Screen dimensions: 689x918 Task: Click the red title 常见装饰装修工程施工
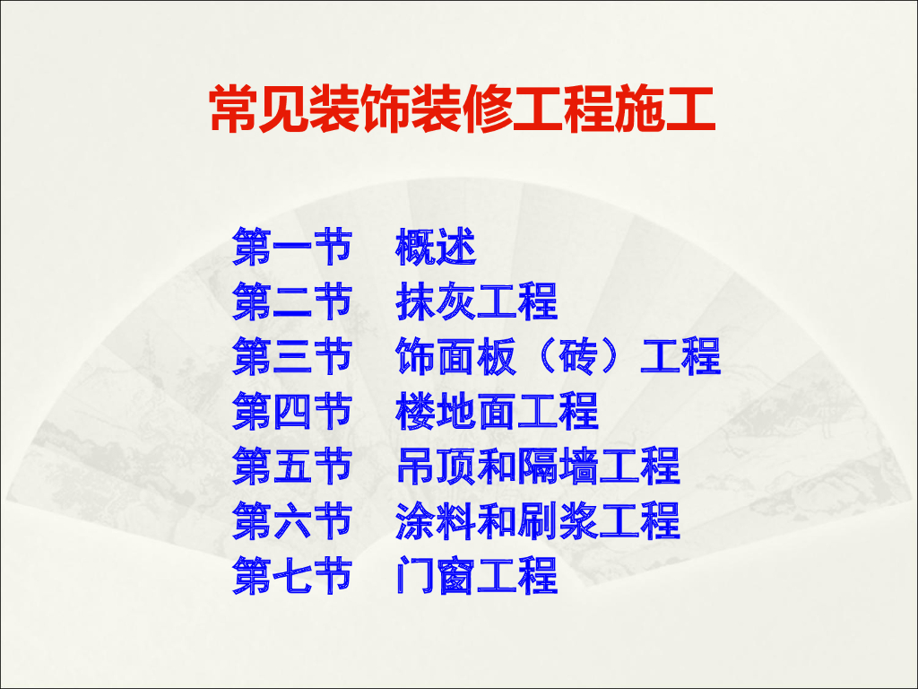[461, 110]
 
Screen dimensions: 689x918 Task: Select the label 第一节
[291, 247]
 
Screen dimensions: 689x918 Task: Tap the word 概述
[436, 247]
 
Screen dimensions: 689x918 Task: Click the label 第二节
[291, 301]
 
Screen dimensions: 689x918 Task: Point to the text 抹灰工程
[476, 301]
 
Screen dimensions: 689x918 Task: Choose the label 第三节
[291, 356]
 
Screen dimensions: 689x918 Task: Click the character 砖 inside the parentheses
[578, 356]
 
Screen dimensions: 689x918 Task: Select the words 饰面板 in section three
[455, 356]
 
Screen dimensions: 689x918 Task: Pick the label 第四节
[291, 411]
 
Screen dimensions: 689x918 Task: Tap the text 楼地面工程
[497, 411]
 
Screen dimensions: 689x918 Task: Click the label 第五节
[291, 466]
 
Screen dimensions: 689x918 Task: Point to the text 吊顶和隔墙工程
[537, 466]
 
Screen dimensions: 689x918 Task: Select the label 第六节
[291, 520]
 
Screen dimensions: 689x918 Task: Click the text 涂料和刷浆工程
[537, 520]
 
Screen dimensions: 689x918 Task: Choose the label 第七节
[291, 575]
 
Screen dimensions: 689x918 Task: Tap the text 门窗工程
[476, 575]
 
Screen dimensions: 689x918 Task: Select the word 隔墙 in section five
[558, 466]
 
